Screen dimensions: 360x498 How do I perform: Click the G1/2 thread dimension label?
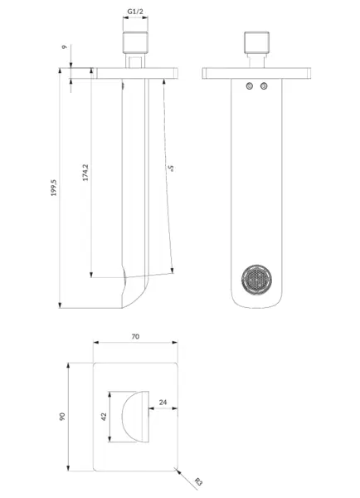click(x=135, y=12)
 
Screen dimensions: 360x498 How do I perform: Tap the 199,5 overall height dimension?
click(x=54, y=188)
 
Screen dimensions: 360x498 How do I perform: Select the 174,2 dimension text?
click(x=85, y=173)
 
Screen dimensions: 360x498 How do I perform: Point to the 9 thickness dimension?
click(x=65, y=47)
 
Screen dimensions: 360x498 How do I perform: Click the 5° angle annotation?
click(x=172, y=168)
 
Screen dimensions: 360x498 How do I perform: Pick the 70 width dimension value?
click(x=135, y=336)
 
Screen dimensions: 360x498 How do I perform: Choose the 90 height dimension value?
click(x=62, y=417)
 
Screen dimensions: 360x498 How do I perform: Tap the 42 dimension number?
click(x=104, y=417)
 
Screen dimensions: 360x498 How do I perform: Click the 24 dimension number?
click(x=163, y=402)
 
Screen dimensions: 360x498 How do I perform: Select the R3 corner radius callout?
click(x=198, y=481)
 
